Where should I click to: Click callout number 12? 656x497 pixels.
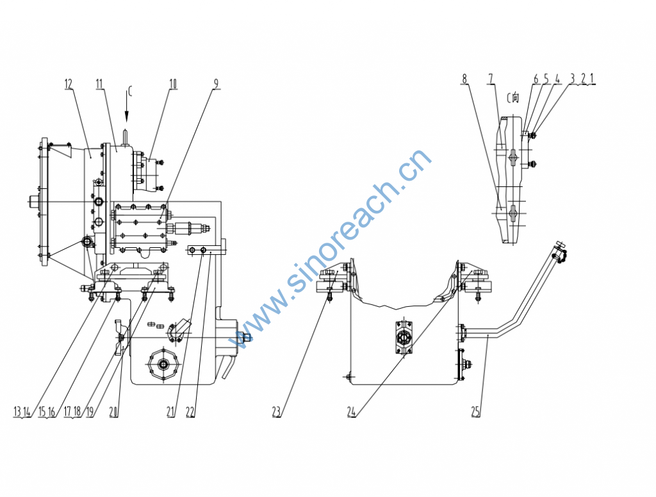pos(68,84)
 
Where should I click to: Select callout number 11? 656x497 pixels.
pos(99,84)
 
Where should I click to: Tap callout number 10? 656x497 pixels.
pos(173,84)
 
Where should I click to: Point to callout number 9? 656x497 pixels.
pos(216,84)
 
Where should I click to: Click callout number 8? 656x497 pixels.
pos(464,79)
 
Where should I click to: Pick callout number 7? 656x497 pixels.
pos(491,79)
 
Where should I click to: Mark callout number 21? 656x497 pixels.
pos(170,412)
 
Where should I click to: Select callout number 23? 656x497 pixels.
pos(276,412)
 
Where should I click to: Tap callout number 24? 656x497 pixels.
pos(351,412)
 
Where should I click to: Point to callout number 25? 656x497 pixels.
pos(475,412)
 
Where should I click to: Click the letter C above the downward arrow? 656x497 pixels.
pos(129,92)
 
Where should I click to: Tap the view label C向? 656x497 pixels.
pos(513,98)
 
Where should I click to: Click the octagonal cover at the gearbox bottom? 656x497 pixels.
pos(163,364)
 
